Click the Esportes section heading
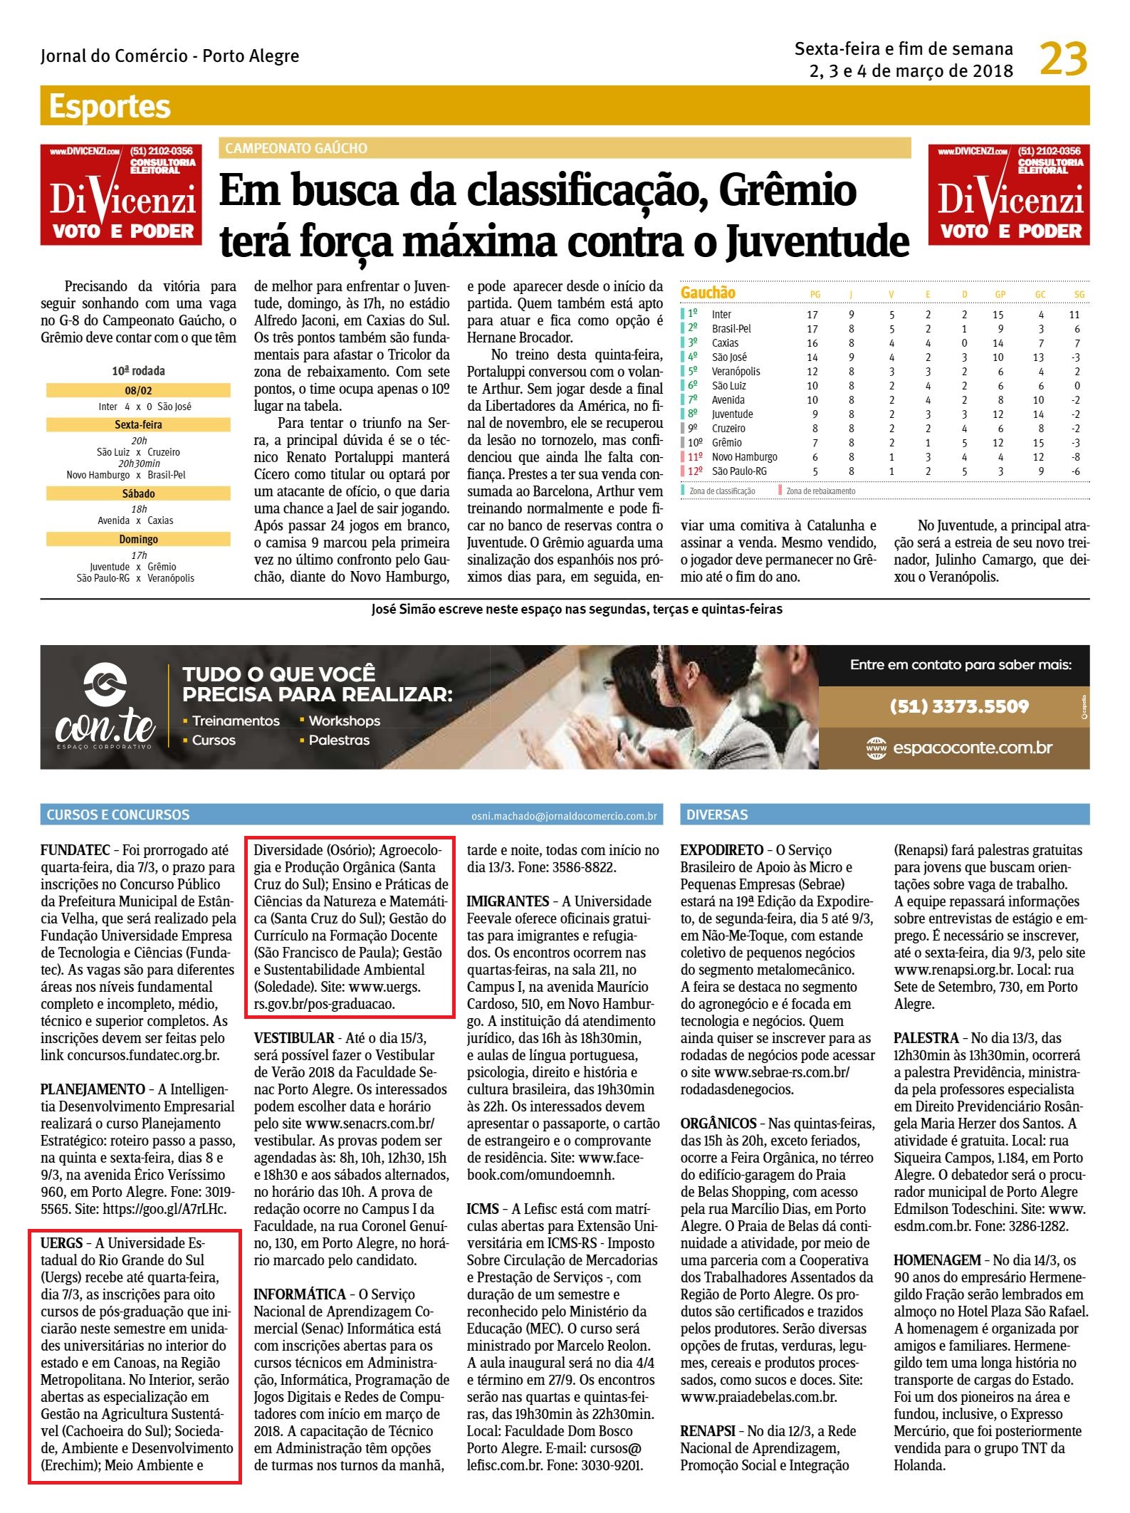[x=110, y=107]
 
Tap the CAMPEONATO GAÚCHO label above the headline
[x=296, y=148]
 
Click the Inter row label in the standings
[x=721, y=314]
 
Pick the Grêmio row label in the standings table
[x=726, y=442]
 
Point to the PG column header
[x=815, y=294]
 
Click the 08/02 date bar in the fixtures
[x=138, y=390]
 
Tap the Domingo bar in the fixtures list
[x=138, y=539]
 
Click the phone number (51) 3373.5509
[x=959, y=706]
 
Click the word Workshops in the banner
[x=344, y=721]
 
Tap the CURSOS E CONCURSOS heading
[x=118, y=815]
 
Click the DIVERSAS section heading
[x=716, y=815]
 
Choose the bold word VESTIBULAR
[x=293, y=1037]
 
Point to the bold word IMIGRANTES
[x=508, y=901]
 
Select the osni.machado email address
[x=564, y=816]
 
